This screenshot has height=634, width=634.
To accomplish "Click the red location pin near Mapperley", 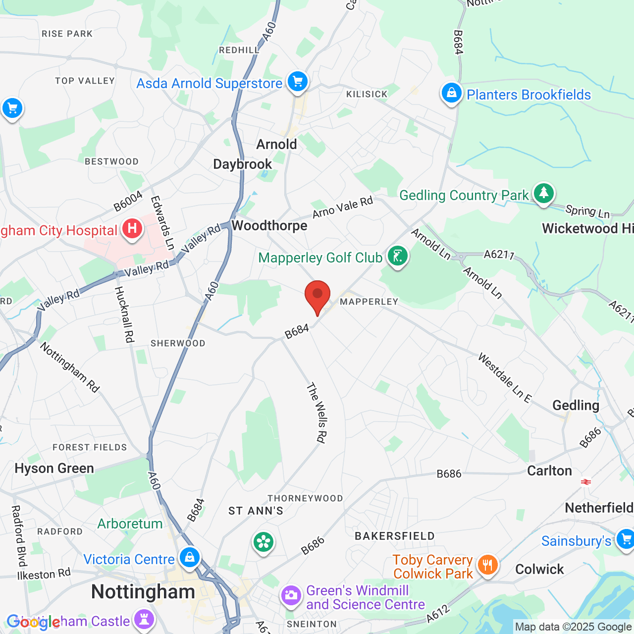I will (x=317, y=296).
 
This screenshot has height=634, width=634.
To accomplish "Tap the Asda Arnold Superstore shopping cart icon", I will (x=298, y=81).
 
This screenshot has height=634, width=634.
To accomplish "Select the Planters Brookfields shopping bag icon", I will (x=451, y=93).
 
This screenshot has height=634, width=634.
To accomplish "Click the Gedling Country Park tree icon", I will (x=544, y=193).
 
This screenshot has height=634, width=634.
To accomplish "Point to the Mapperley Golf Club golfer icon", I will (x=397, y=256).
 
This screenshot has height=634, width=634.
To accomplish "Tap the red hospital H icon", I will (x=132, y=229).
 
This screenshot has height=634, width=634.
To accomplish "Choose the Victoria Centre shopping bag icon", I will (x=189, y=558).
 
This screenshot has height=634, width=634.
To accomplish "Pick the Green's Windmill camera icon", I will (x=291, y=595).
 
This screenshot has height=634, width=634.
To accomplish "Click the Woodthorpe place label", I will (x=269, y=226).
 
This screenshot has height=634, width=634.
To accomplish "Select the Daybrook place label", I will (x=243, y=164).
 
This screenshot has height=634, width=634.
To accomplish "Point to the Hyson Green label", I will (x=54, y=469).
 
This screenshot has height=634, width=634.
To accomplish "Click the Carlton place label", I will (x=549, y=471).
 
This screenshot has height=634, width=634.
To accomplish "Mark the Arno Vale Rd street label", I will (x=342, y=208).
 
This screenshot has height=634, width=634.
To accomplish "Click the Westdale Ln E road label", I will (x=505, y=378).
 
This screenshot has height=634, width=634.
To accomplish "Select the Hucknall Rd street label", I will (x=124, y=315).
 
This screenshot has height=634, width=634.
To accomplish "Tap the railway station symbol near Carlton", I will (x=586, y=481).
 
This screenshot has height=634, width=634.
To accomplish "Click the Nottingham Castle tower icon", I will (x=144, y=619).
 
